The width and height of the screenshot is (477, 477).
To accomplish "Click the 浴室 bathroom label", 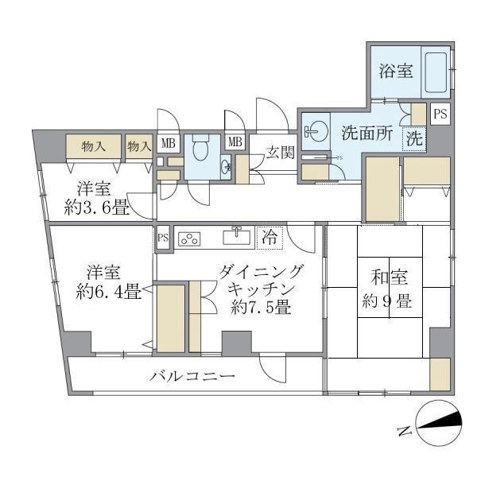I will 396,70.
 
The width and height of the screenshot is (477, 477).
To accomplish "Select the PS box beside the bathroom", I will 440,114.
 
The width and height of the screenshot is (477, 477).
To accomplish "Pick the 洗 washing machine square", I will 414,137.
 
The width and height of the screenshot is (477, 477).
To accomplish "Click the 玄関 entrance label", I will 277,152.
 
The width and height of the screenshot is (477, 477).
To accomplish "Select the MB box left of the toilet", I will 168,143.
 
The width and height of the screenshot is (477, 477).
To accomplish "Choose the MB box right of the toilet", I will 235,143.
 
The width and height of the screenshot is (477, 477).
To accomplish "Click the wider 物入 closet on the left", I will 94,146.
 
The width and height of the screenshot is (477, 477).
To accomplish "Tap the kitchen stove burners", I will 192,237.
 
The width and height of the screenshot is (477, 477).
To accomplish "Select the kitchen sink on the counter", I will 237,237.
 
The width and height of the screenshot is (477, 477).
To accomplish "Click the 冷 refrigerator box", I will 270,236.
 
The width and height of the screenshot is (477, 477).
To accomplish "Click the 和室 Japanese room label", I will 389,278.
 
